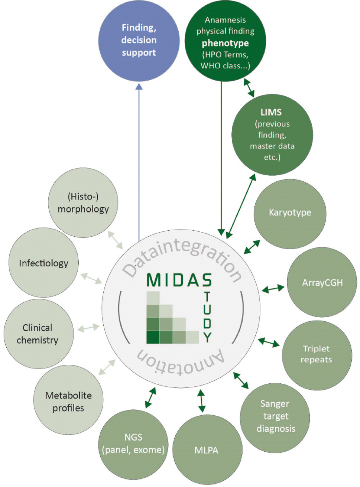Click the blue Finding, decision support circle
click(139, 40)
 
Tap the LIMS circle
click(272, 134)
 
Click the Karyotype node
click(290, 213)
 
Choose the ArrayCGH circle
click(322, 283)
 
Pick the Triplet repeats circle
click(317, 354)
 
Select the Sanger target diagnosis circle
click(275, 416)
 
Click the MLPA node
click(207, 450)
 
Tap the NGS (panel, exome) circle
click(133, 444)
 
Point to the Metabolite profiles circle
click(68, 402)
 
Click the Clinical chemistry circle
click(38, 334)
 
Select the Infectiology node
click(43, 263)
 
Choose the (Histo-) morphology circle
click(83, 203)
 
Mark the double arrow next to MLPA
click(201, 401)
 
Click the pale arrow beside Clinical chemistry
click(88, 328)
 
